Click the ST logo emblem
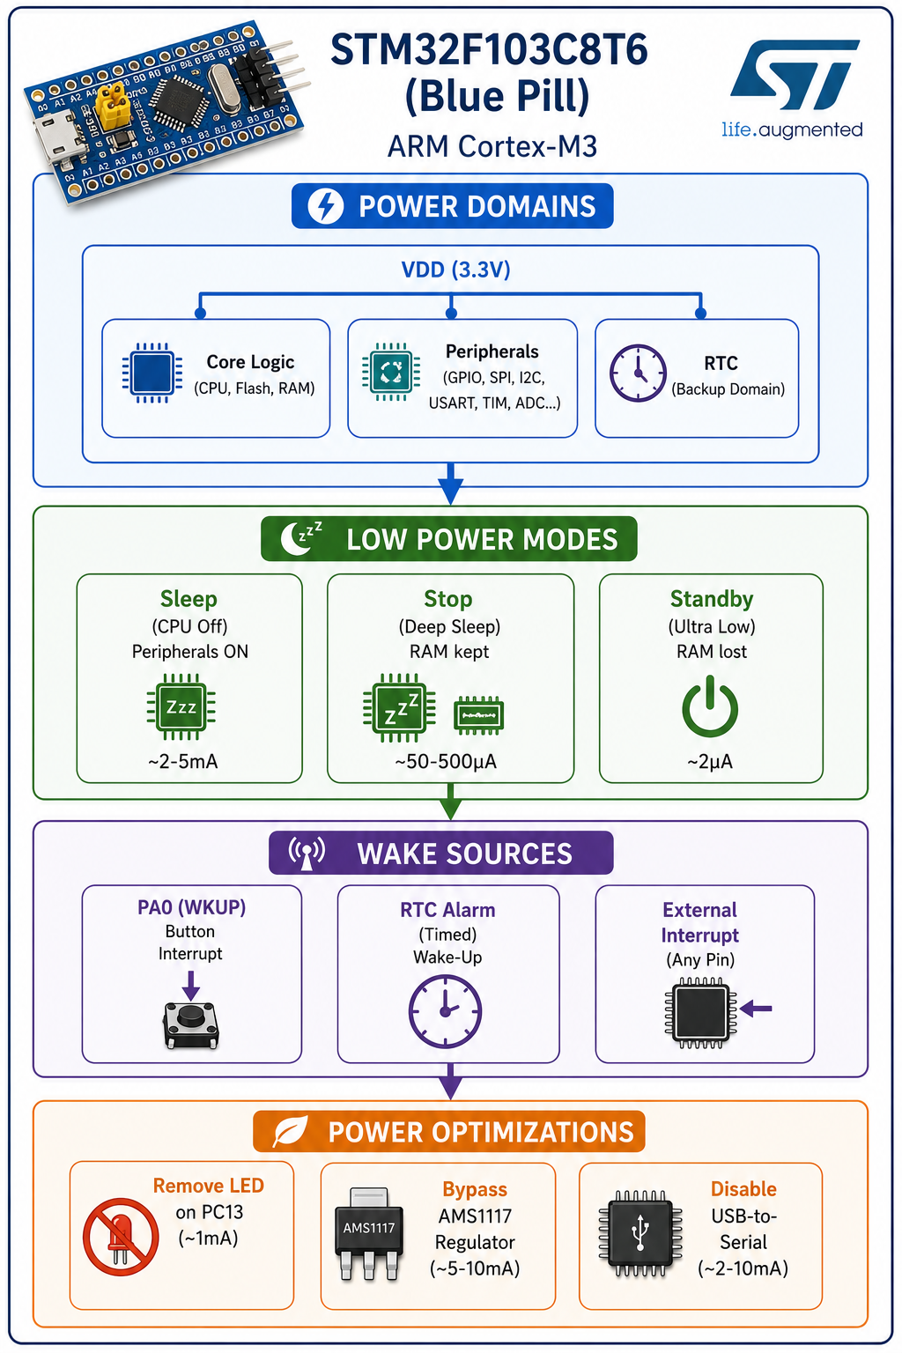(x=795, y=75)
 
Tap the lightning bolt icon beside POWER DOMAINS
(x=326, y=206)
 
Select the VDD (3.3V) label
(x=456, y=270)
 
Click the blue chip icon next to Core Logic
(x=152, y=373)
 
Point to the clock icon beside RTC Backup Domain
(x=638, y=373)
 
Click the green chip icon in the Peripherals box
(x=391, y=372)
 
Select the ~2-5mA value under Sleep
(x=183, y=761)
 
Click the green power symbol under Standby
(x=710, y=706)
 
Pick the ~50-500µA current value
(x=446, y=762)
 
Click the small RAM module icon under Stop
(x=478, y=716)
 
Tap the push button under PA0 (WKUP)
(x=191, y=1025)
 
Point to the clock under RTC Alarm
(x=445, y=1010)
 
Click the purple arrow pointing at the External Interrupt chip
(x=756, y=1008)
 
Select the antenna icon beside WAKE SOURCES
(x=307, y=853)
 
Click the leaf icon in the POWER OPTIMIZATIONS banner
(x=291, y=1131)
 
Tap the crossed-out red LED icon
(x=121, y=1237)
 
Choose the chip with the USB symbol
(x=640, y=1233)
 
